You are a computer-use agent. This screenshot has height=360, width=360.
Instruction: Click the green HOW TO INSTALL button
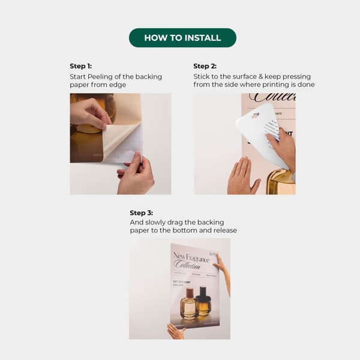point(182,38)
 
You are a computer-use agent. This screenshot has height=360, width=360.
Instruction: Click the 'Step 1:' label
point(81,66)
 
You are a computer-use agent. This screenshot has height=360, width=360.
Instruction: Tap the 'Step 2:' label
point(205,66)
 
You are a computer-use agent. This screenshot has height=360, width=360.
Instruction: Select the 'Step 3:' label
point(141,212)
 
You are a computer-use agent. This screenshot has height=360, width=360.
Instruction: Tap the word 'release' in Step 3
point(224,230)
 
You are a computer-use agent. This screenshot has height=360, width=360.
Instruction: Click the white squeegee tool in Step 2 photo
point(258,129)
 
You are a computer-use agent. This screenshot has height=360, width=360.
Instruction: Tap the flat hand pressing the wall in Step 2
point(242,177)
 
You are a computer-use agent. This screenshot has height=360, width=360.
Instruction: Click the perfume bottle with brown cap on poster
point(188,303)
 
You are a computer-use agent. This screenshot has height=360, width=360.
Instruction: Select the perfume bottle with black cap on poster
point(203,302)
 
